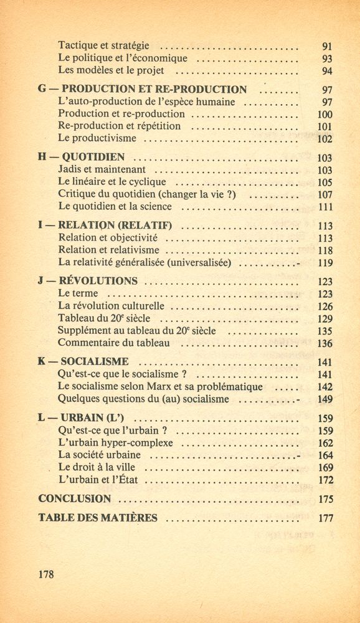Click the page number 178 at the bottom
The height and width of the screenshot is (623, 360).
(45, 574)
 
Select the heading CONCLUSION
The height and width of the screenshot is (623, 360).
(75, 498)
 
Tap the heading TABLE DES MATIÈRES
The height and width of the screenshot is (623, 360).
(98, 517)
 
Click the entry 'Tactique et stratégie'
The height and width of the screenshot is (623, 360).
(103, 45)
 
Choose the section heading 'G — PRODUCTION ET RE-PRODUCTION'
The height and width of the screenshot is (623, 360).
(142, 90)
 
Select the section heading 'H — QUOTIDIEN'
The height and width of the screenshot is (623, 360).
(82, 157)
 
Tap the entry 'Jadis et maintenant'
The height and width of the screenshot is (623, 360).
(102, 169)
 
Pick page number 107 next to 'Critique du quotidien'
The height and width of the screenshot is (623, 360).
(325, 194)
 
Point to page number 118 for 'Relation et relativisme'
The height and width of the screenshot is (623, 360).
(325, 250)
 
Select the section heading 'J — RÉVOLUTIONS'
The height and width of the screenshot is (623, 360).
(88, 280)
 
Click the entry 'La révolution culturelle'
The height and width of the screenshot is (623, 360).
(111, 306)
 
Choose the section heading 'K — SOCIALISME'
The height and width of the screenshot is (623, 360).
(83, 361)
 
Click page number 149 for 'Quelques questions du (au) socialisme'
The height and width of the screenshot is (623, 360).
(325, 399)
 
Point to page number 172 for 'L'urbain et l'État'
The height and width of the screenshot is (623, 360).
(325, 480)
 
